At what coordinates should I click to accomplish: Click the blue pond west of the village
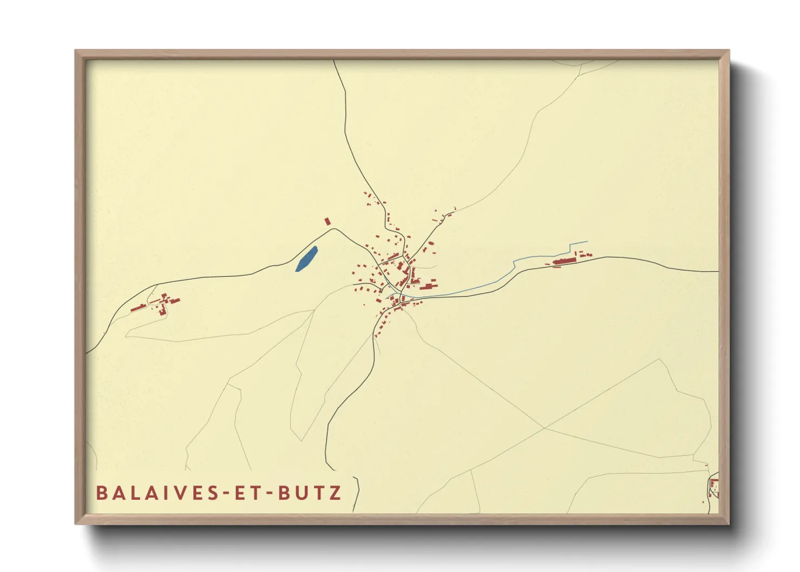coord(306,258)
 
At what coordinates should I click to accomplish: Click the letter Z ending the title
coord(336,493)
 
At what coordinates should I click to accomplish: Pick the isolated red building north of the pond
coord(327,222)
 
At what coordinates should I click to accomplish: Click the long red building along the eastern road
coord(565,261)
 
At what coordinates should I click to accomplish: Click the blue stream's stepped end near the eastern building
coord(578,244)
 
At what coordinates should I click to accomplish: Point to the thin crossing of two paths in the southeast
coord(545,428)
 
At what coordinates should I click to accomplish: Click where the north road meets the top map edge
coord(334,61)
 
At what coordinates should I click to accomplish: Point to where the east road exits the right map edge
coord(718,271)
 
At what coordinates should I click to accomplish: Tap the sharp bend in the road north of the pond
coord(333,229)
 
